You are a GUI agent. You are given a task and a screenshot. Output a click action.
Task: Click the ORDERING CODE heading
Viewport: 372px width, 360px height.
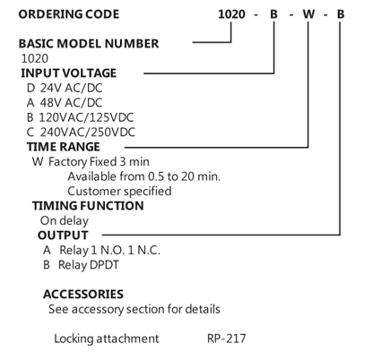coord(69,14)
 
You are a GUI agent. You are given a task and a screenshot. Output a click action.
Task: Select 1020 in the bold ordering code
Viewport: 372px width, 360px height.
coord(231,14)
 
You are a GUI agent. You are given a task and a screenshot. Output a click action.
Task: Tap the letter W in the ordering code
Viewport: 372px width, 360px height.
coord(308,14)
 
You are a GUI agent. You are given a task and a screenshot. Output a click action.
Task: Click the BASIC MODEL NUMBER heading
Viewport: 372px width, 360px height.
coord(89,44)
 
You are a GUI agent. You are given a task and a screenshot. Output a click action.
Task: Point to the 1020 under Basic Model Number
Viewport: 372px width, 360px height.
coord(35,58)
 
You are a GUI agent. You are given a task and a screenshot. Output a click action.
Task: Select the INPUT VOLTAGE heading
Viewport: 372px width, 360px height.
coord(68,73)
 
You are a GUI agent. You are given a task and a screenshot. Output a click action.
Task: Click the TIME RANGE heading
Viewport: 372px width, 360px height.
coord(64,147)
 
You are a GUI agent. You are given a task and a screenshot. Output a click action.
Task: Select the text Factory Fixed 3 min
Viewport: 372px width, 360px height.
coord(99,162)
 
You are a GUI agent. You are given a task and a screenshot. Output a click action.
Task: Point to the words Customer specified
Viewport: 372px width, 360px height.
coord(119,192)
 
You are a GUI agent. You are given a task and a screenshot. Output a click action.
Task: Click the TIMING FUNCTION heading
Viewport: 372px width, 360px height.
coord(88,206)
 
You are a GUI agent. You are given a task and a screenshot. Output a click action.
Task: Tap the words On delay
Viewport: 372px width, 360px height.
coord(65,221)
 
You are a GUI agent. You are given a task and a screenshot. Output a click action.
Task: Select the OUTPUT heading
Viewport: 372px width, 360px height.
coord(63,236)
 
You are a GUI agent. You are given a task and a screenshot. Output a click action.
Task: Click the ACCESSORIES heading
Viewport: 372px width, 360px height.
coord(83,295)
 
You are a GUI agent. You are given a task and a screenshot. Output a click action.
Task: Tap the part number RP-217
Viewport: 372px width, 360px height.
coord(227,339)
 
